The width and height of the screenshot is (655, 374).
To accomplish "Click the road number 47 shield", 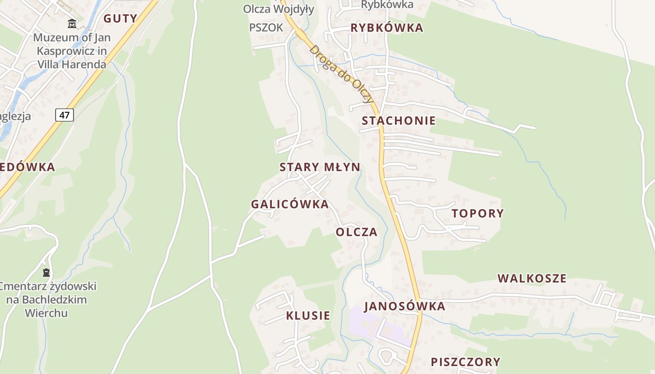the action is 65,115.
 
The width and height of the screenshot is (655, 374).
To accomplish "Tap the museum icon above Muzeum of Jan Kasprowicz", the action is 72,23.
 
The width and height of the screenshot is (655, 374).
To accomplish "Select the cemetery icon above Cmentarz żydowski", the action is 46,272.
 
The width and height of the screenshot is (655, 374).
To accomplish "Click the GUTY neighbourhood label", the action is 120,19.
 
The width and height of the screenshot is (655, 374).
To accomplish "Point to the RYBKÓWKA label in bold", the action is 387,28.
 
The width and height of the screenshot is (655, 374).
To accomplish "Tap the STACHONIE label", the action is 399,121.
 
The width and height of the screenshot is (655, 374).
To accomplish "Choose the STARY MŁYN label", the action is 320,167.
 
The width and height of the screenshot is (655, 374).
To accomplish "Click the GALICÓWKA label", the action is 290,204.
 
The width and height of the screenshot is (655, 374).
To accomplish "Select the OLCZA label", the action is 357,232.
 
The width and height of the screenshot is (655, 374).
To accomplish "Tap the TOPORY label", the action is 478,214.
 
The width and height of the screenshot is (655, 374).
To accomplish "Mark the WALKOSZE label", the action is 532,279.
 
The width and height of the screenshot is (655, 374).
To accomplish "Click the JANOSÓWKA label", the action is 405,306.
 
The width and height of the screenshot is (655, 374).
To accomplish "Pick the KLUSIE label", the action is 308,316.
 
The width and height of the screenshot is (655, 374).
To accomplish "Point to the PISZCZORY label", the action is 466,362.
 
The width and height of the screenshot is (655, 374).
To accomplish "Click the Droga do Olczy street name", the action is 342,74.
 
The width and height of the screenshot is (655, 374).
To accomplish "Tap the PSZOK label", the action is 266,28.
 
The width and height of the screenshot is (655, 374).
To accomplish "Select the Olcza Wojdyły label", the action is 278,9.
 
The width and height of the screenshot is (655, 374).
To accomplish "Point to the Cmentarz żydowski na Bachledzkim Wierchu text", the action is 47,299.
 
